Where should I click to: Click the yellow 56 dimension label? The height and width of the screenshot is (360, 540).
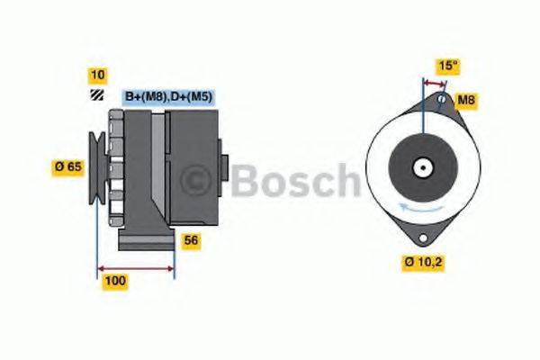pyautogui.click(x=191, y=240)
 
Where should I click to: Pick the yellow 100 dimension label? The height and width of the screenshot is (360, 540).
pyautogui.click(x=116, y=281)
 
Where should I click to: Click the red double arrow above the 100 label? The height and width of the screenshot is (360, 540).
pyautogui.click(x=135, y=267)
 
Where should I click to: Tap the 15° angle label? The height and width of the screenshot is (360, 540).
pyautogui.click(x=448, y=66)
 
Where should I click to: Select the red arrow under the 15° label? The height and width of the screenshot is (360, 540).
pyautogui.click(x=435, y=82)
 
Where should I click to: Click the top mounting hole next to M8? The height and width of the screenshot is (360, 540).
pyautogui.click(x=441, y=98)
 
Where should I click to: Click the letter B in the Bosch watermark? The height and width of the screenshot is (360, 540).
pyautogui.click(x=247, y=181)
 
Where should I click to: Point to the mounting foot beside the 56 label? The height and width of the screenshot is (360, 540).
pyautogui.click(x=148, y=241)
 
